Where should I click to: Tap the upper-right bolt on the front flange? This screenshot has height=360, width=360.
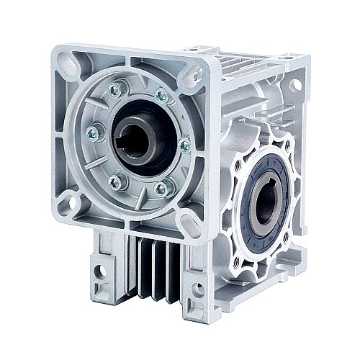161,95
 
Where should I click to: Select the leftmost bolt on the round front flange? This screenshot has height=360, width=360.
92,133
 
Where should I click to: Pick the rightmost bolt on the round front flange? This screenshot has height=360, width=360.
184,145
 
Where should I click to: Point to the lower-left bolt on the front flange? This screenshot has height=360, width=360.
114,183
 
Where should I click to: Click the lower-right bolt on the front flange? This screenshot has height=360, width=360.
161,189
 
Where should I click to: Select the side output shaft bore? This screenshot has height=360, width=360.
264,202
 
